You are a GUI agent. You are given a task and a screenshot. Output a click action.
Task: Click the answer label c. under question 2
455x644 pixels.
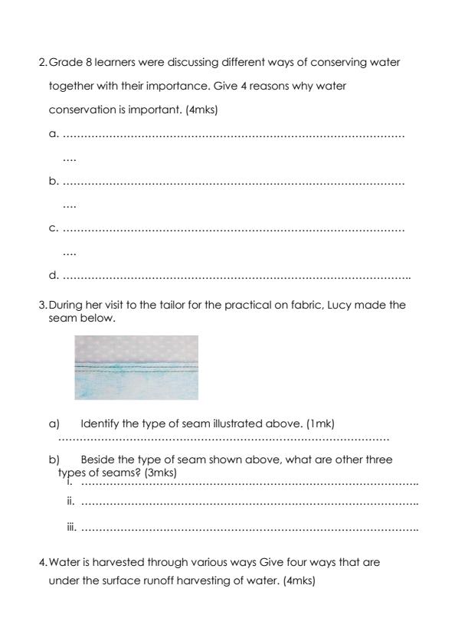(53, 228)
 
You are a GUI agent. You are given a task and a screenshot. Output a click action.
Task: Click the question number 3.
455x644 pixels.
(42, 305)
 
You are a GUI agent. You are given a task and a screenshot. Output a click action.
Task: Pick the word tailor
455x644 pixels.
(159, 305)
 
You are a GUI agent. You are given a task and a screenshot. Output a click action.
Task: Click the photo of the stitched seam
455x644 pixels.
(136, 368)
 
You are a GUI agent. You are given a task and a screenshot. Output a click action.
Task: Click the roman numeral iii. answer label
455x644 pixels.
(72, 528)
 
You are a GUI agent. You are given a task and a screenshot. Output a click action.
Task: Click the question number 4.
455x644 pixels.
(42, 563)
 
